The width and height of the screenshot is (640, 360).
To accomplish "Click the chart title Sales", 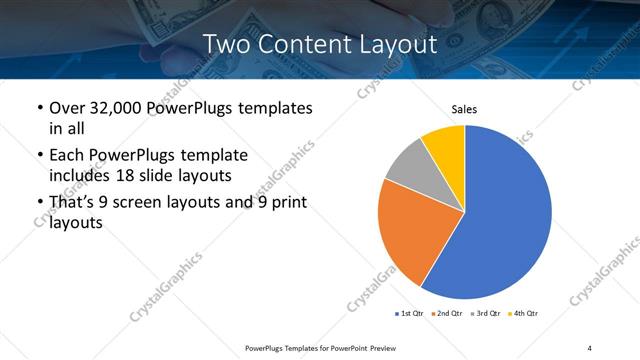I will coord(464,108).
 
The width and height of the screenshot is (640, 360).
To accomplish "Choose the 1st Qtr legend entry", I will coord(410,313).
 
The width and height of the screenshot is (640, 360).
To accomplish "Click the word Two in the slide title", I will coord(222,44).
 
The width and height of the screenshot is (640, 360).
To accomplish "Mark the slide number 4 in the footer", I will coord(590,347).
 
